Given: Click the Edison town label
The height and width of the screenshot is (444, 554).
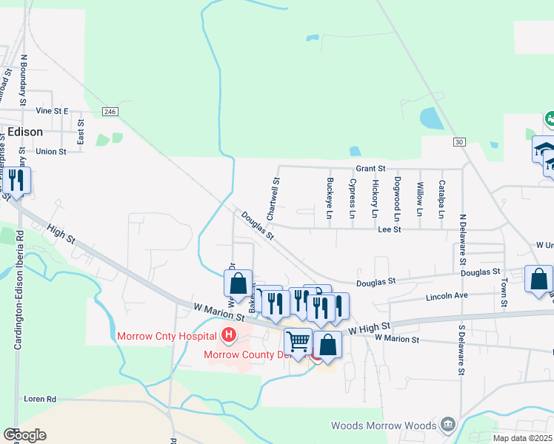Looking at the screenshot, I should coord(24,131).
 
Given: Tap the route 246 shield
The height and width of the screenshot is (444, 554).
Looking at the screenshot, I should coord(110,111).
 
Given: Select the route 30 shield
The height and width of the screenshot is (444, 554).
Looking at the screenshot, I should coord(459,142).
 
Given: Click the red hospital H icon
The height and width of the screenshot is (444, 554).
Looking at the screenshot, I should coord(229,336).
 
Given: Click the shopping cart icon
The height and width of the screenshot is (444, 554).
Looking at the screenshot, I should coord(298,342).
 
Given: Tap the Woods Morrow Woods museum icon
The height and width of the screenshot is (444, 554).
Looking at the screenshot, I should coord(447,424).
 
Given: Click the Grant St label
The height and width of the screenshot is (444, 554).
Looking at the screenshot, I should coord(370,169).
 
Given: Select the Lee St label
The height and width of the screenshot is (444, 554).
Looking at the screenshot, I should coord(389,230).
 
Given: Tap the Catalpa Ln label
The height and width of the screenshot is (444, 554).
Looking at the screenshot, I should coord(441,199).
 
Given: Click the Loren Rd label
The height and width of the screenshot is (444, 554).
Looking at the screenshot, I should coord(40,398).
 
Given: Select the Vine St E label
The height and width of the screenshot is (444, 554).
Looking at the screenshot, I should coord(52,111).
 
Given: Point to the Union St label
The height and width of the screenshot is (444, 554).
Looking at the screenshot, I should coord(51,151).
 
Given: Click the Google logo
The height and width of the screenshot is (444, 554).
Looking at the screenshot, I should coord(24,435).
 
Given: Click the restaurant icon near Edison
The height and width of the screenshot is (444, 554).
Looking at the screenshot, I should coord(14,180).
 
